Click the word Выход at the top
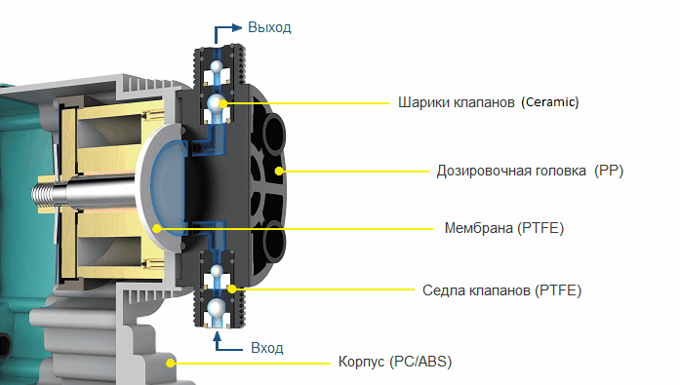pyautogui.click(x=269, y=27)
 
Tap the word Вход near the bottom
pyautogui.click(x=267, y=348)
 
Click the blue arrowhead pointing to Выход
pyautogui.click(x=237, y=27)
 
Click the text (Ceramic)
pyautogui.click(x=550, y=102)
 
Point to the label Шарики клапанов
pyautogui.click(x=457, y=102)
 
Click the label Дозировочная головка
pyautogui.click(x=511, y=171)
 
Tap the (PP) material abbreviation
pyautogui.click(x=609, y=171)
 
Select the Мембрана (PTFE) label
pyautogui.click(x=504, y=228)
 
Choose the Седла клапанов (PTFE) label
pyautogui.click(x=501, y=290)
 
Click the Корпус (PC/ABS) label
pyautogui.click(x=395, y=362)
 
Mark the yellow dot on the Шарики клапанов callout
pyautogui.click(x=222, y=103)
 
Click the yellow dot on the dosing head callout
pyautogui.click(x=279, y=172)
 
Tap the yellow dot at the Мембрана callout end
pyautogui.click(x=157, y=228)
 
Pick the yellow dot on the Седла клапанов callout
pyautogui.click(x=232, y=289)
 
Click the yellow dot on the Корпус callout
pyautogui.click(x=171, y=363)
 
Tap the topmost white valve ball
pyautogui.click(x=217, y=66)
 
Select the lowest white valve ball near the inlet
pyautogui.click(x=217, y=308)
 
